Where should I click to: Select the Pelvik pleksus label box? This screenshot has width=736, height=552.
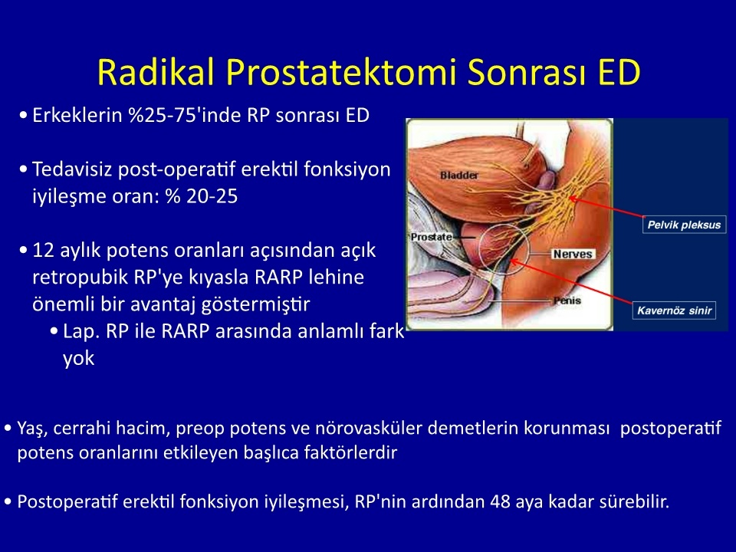click(x=684, y=225)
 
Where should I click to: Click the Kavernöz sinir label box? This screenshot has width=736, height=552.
click(x=674, y=310)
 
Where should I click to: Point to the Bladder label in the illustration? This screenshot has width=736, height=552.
click(x=459, y=175)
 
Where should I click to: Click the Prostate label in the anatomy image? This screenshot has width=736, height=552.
click(x=432, y=237)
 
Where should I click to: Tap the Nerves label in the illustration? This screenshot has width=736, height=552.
click(x=573, y=254)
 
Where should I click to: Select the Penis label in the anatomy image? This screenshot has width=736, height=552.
click(x=567, y=301)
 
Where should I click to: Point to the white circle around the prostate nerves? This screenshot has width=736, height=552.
click(x=479, y=248)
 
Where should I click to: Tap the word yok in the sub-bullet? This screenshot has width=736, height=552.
click(x=78, y=359)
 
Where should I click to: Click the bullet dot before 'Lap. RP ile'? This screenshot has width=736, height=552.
click(x=54, y=331)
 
